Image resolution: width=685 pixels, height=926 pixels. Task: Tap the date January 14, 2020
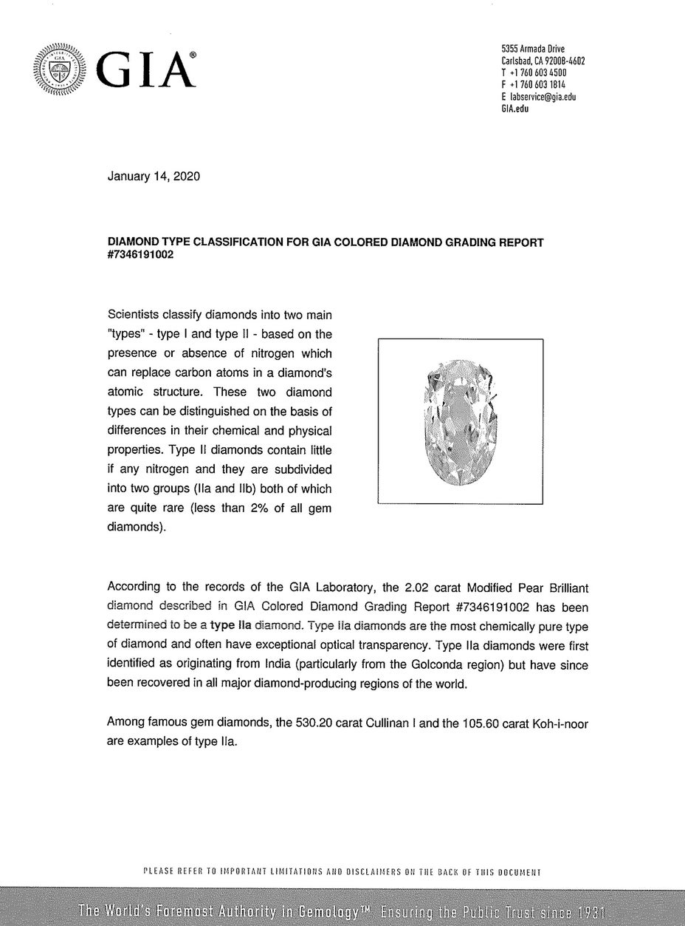point(154,177)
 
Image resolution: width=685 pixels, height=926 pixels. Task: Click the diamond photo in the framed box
point(460,421)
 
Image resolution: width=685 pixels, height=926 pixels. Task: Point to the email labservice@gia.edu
point(542,97)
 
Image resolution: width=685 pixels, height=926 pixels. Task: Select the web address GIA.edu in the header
point(514,109)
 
